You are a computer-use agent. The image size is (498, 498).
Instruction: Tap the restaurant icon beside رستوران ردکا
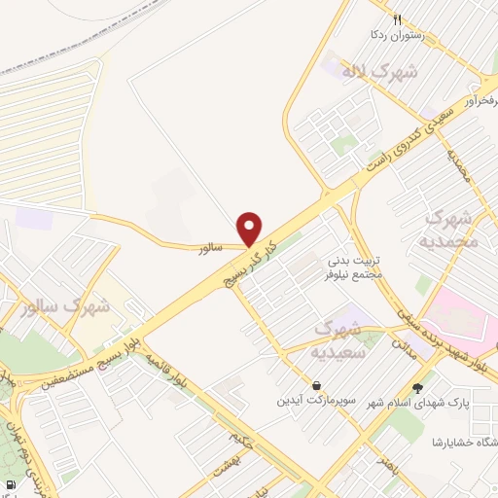tap(397, 18)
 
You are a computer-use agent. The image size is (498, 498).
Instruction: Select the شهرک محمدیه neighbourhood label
tap(452, 228)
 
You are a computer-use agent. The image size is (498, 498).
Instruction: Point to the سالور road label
tap(211, 249)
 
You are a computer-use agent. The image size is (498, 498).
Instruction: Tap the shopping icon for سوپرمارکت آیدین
tap(317, 386)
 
